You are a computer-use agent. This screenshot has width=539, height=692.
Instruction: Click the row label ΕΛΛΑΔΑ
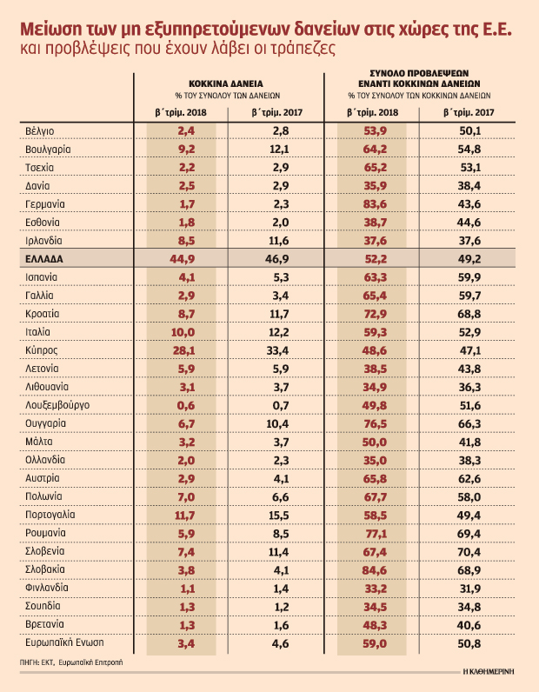click(44, 259)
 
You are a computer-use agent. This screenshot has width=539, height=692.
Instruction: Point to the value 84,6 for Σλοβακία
click(375, 570)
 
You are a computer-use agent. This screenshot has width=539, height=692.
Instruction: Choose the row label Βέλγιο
click(41, 130)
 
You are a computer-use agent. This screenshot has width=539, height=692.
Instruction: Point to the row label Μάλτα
click(41, 442)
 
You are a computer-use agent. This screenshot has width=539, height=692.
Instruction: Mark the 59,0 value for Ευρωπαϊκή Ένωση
click(375, 644)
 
